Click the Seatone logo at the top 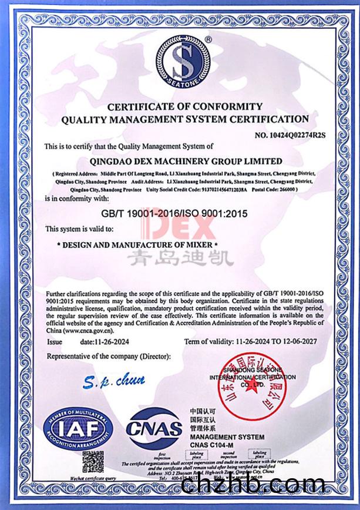[x=183, y=61]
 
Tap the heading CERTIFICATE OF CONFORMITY [x=184, y=106]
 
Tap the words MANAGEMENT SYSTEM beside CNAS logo [x=223, y=437]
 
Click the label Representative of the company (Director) [x=108, y=357]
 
